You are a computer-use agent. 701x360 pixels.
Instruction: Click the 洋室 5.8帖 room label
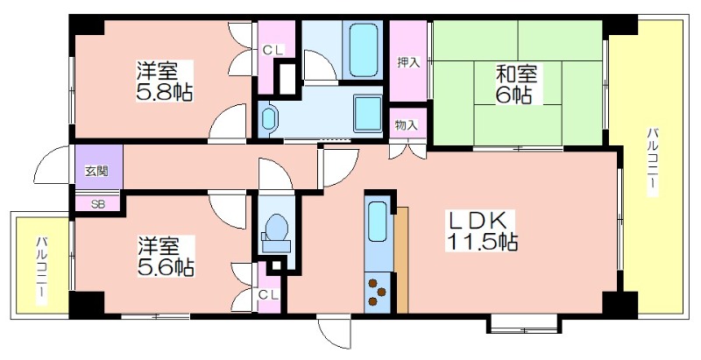(164, 81)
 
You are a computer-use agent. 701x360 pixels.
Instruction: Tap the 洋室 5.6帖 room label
(166, 256)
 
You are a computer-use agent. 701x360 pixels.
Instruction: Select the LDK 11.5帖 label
(482, 230)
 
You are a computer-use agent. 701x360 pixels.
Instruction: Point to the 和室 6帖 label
(515, 83)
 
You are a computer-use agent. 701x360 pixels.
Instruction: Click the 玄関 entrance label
(97, 171)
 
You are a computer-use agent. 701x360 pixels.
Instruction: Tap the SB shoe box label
(98, 204)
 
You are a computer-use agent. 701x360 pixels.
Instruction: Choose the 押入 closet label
(408, 62)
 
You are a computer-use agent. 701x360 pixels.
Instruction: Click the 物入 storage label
(407, 125)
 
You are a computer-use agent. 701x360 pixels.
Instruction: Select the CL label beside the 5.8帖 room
(273, 51)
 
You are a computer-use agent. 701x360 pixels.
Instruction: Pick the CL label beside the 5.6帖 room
(268, 295)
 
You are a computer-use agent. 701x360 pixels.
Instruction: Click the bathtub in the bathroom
(363, 51)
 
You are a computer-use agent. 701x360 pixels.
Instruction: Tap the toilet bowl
(276, 232)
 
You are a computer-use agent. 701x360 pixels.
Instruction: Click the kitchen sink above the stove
(378, 221)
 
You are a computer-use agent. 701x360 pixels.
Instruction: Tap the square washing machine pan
(368, 114)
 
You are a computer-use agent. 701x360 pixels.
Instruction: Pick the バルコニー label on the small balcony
(41, 272)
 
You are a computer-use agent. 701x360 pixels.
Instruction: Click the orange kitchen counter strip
(401, 259)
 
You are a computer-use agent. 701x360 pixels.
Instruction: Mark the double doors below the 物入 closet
(407, 150)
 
